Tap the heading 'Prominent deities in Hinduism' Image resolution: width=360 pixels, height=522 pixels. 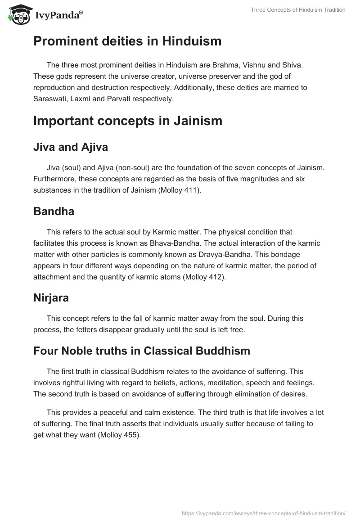point(127,41)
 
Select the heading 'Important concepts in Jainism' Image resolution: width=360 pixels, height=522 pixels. point(128,121)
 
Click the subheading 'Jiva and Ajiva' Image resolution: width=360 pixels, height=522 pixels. point(71,147)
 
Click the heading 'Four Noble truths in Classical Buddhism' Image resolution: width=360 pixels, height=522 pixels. point(141,351)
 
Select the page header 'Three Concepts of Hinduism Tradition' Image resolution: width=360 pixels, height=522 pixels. point(292,10)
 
